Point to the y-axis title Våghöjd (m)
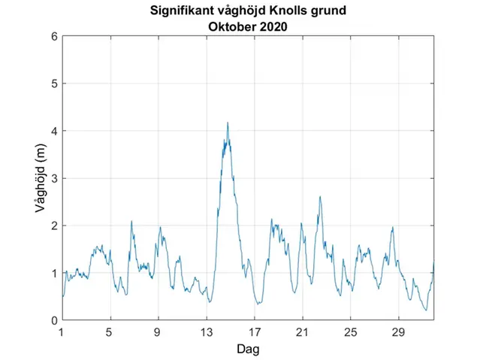(41, 178)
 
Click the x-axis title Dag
(248, 349)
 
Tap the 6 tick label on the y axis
(54, 36)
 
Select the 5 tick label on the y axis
(54, 83)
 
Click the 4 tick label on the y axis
(54, 131)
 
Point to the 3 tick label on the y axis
(54, 178)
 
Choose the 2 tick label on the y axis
(54, 225)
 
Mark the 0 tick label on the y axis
(54, 320)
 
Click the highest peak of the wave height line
(228, 123)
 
